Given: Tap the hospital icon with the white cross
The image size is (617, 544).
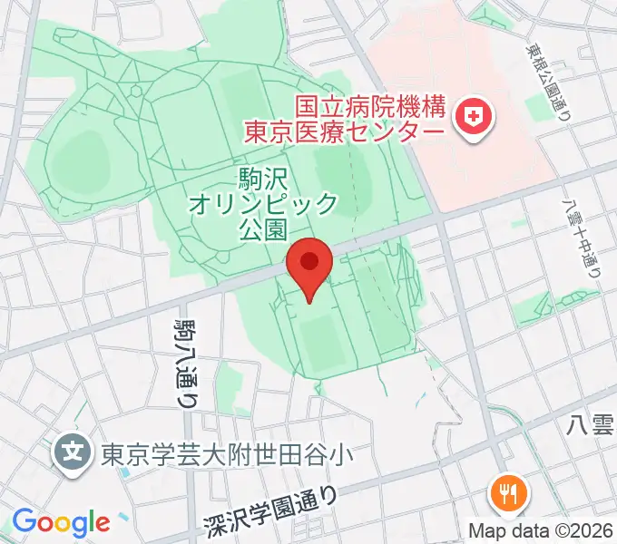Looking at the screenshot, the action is [x=472, y=116].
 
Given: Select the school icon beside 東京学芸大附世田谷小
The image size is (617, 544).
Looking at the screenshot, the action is [x=72, y=449].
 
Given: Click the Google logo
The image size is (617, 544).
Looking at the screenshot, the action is [x=61, y=522].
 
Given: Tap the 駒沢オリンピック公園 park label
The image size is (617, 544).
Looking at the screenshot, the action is [x=263, y=202].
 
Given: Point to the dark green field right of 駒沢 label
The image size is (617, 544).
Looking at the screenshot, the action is [x=344, y=172].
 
